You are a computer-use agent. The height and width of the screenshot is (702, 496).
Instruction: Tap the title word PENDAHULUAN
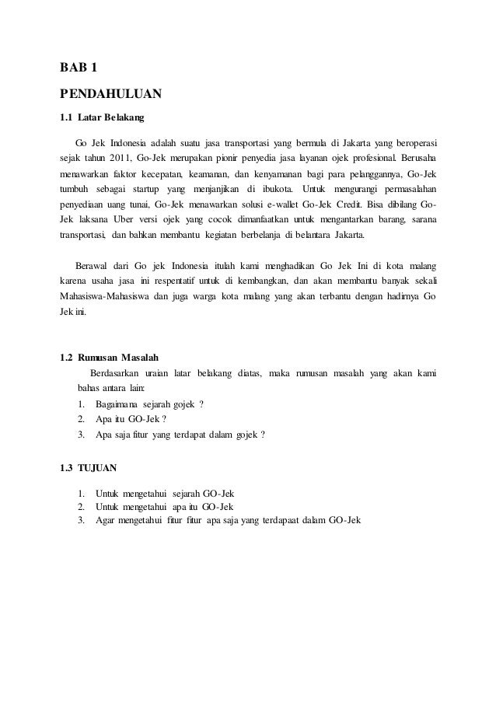[110, 95]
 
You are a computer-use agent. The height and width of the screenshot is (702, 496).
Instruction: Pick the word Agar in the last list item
[104, 519]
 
